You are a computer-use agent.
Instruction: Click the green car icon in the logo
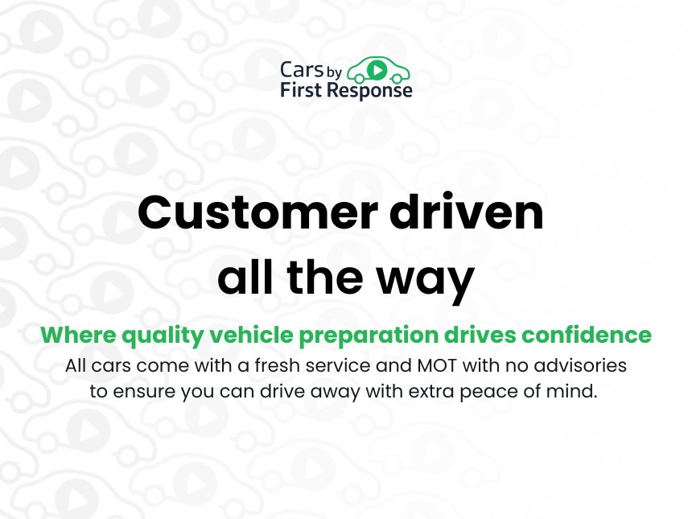[x=379, y=71]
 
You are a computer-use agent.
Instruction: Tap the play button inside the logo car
[x=377, y=69]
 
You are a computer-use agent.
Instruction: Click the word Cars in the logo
[x=302, y=70]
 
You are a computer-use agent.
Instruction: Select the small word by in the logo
[x=335, y=72]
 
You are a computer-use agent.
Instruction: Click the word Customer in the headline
[x=257, y=212]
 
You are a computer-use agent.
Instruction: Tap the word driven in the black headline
[x=466, y=212]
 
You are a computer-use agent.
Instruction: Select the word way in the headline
[x=425, y=280]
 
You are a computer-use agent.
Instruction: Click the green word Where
[x=79, y=335]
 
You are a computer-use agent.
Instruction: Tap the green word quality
[x=163, y=336]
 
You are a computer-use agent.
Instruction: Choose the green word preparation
[x=369, y=336]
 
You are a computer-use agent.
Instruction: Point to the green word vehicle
[x=251, y=335]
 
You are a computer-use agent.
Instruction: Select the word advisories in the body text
[x=580, y=365]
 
